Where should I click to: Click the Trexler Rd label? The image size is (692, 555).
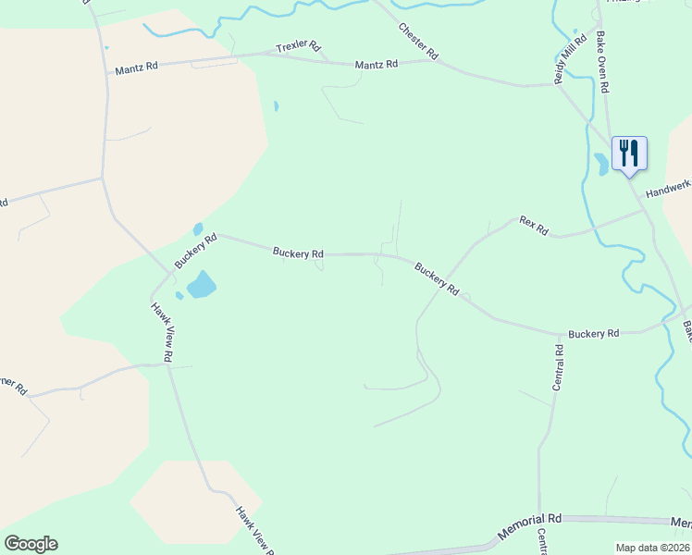click(298, 45)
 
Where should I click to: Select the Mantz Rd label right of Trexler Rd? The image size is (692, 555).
click(377, 64)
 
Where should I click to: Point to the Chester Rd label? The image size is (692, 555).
click(417, 42)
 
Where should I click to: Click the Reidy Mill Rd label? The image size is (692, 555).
click(570, 60)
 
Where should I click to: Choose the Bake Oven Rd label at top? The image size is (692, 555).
click(602, 62)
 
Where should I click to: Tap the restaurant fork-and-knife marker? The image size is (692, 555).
click(629, 153)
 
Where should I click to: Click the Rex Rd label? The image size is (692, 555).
click(534, 225)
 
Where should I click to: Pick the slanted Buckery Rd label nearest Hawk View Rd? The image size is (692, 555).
click(195, 251)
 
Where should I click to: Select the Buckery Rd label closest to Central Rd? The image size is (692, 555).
click(593, 333)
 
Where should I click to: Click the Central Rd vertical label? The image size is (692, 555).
click(558, 368)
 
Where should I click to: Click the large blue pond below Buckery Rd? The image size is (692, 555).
click(201, 284)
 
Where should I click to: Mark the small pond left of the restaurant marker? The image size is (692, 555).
click(602, 165)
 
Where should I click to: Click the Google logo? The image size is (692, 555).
click(31, 544)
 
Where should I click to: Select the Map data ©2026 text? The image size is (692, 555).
click(652, 547)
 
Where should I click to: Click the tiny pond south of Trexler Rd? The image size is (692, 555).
click(276, 106)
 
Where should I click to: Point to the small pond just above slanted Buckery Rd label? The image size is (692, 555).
click(197, 228)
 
